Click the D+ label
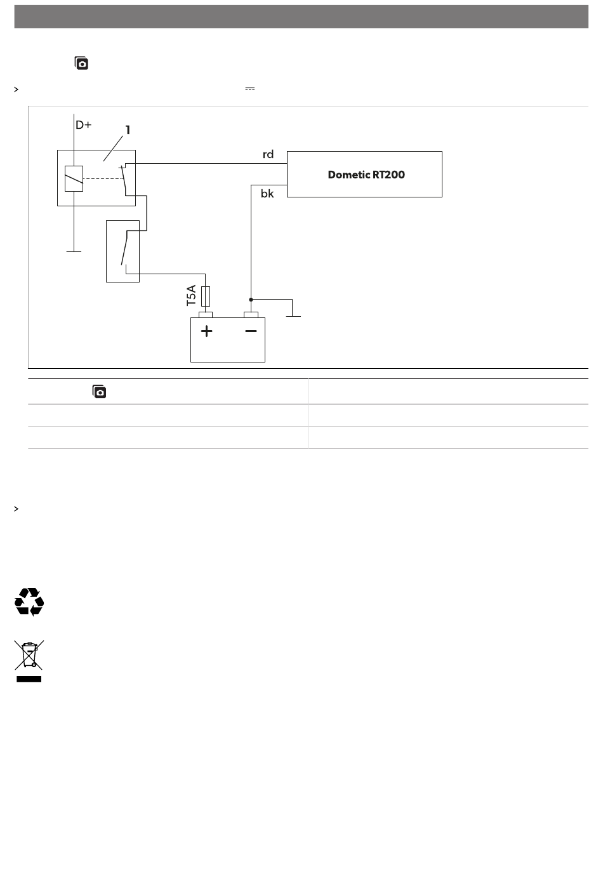click(83, 125)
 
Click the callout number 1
click(128, 130)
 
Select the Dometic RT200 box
click(364, 175)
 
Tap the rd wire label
click(268, 154)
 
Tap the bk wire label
click(267, 194)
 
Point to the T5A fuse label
click(192, 296)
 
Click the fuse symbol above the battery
click(205, 296)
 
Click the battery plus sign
click(206, 331)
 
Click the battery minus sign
click(251, 331)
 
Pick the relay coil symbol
click(74, 178)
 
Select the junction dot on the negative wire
click(251, 299)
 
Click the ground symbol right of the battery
click(293, 315)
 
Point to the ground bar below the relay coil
click(74, 251)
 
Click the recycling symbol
click(29, 601)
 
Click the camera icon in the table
click(99, 392)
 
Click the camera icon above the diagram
click(81, 63)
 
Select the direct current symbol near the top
click(250, 89)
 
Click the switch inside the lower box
click(126, 249)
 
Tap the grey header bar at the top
click(301, 17)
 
